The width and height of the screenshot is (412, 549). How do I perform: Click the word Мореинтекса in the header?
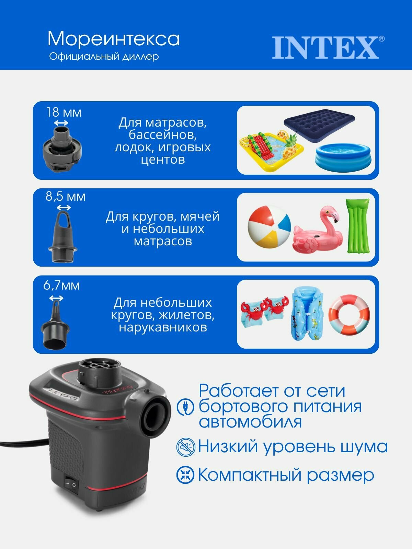click(113, 39)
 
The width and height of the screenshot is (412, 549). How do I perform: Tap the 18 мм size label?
click(64, 112)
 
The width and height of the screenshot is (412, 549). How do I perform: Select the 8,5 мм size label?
click(65, 197)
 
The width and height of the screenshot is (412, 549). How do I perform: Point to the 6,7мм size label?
click(61, 285)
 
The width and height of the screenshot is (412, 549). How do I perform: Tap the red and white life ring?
click(349, 315)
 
